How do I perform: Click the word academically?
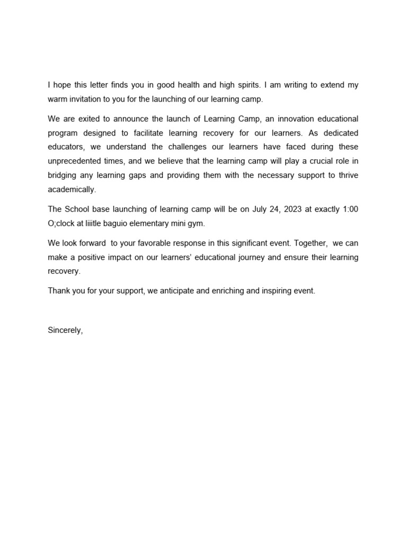72,190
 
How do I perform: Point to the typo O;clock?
64,223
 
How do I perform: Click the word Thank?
58,291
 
